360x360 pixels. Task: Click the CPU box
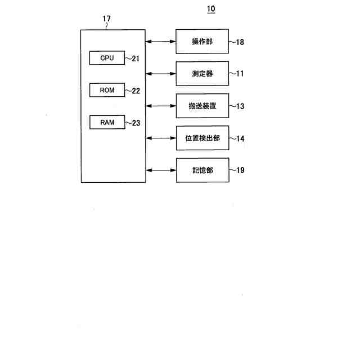coord(107,58)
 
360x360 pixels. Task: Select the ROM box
coord(107,90)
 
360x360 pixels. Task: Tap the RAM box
coord(107,122)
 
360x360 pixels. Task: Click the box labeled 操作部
coord(202,41)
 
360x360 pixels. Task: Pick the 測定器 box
coord(202,74)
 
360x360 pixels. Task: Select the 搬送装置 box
coord(202,106)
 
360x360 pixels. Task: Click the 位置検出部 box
coord(202,138)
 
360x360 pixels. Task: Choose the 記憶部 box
coord(202,170)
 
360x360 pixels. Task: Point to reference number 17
coord(107,19)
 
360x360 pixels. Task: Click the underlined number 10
coord(210,9)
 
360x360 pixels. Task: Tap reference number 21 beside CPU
coord(136,58)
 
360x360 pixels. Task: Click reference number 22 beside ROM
coord(136,91)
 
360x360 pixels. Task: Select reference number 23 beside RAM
coord(136,123)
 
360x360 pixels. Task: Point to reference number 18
coord(240,42)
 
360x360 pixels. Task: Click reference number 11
coord(240,74)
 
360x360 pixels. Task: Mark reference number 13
coord(240,106)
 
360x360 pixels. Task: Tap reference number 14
coord(240,138)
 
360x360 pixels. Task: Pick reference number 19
coord(240,170)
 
